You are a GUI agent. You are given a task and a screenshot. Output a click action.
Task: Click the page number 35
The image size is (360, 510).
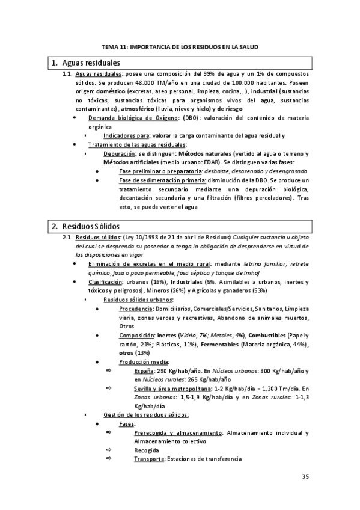[x=305, y=477]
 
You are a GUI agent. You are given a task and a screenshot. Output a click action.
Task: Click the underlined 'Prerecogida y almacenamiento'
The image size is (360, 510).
[x=177, y=432]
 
